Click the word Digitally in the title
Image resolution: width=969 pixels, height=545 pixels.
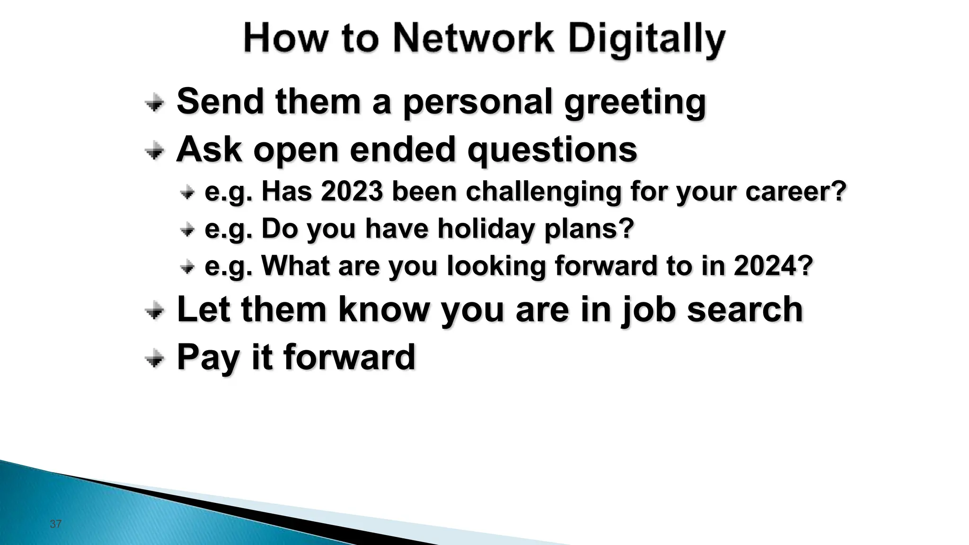[646, 40]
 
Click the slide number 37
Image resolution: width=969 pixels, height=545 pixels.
[55, 524]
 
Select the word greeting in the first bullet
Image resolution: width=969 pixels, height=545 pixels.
[635, 102]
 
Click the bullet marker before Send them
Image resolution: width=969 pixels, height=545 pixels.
[154, 102]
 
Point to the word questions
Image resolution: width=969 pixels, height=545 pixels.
[552, 150]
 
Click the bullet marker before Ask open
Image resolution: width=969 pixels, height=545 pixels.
[154, 151]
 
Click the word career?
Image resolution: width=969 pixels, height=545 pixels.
[795, 192]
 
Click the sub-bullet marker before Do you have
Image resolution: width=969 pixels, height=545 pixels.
[187, 230]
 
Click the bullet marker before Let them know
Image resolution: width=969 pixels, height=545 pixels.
[154, 311]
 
